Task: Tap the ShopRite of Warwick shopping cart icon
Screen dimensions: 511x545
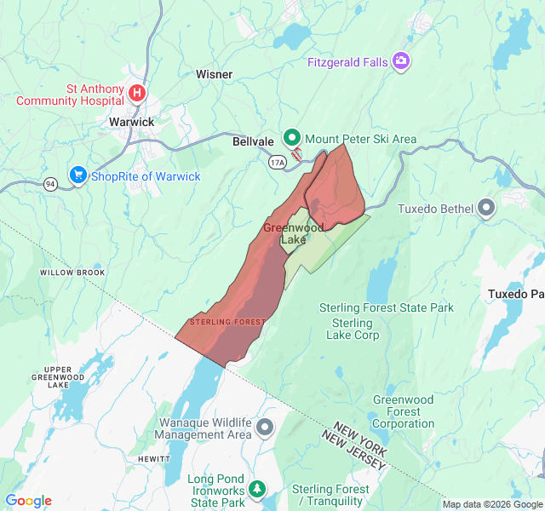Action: tap(78, 175)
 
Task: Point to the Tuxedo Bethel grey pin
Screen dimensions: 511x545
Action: tap(486, 207)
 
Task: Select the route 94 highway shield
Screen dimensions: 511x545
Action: tap(51, 183)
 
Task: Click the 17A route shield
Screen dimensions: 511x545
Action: tap(277, 161)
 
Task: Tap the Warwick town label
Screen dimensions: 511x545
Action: tap(132, 122)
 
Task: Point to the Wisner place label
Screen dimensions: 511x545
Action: tap(214, 74)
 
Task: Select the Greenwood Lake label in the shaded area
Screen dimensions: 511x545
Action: tap(293, 234)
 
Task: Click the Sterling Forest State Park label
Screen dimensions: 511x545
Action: tap(387, 307)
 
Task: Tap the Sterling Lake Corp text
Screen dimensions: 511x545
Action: tap(353, 329)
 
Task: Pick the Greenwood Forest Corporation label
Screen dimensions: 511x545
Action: tap(403, 411)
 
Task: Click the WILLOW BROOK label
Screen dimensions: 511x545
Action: tap(72, 273)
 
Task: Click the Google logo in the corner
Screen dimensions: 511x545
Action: tap(29, 501)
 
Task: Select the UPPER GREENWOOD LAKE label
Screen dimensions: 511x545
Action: tap(58, 376)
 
